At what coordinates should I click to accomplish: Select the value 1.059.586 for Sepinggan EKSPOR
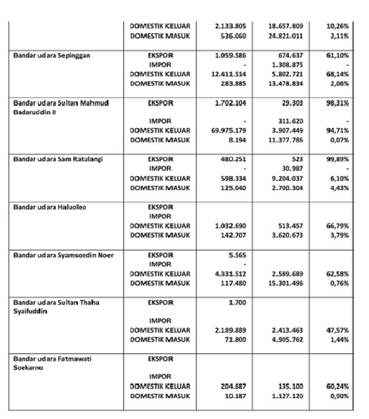[x=229, y=56]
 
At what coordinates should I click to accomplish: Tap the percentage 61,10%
[x=337, y=56]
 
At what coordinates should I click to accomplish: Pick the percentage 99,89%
[x=337, y=159]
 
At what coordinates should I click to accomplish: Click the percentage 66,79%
[x=337, y=226]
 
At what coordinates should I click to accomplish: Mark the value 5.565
[x=237, y=255]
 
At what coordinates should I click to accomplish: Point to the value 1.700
[x=237, y=302]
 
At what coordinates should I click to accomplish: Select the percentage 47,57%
[x=337, y=330]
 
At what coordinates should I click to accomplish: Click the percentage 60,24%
[x=337, y=387]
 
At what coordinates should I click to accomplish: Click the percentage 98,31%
[x=337, y=102]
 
